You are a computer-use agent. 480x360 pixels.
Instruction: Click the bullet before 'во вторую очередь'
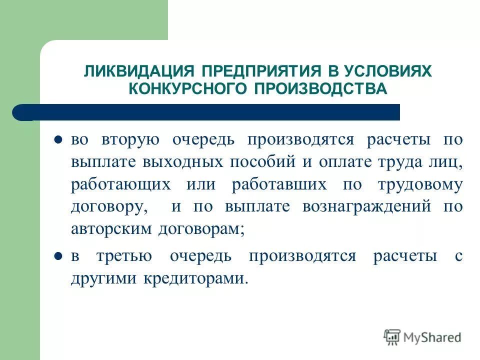57,139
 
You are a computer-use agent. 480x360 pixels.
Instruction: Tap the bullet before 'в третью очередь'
57,256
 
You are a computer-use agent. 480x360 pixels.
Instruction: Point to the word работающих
121,185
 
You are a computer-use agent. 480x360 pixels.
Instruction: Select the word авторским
112,230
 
